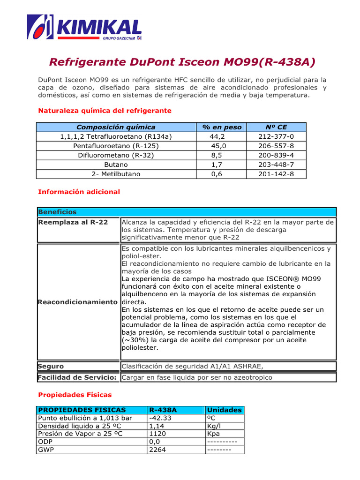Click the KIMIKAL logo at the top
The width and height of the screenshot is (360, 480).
(84, 27)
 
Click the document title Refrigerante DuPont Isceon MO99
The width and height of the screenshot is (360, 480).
(182, 62)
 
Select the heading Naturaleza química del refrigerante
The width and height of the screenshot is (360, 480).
(105, 111)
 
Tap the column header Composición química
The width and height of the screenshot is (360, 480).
(116, 127)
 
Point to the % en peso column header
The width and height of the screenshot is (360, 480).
(222, 127)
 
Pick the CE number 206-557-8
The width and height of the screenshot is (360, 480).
(276, 146)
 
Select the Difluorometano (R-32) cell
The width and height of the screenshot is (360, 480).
(116, 155)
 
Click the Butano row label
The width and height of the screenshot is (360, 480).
(116, 165)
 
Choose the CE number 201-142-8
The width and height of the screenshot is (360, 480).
(276, 174)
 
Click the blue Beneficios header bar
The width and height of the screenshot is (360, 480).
(186, 212)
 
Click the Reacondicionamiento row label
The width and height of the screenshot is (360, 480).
(77, 302)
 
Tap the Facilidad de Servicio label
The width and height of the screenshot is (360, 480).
(77, 377)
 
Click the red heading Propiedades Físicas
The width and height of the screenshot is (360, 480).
(75, 395)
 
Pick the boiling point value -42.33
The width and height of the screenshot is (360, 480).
(160, 418)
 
